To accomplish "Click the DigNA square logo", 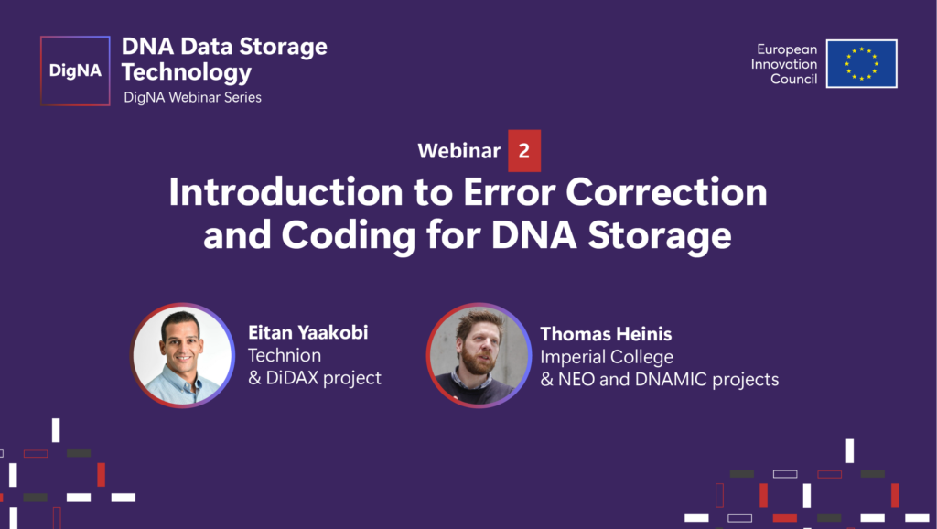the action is coord(75,70).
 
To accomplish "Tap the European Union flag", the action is coord(862,64).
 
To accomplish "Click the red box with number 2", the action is coord(524,151).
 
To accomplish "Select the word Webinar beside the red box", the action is coord(459,151).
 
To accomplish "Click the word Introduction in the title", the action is coord(285,192).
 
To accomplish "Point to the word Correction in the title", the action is coord(666,192).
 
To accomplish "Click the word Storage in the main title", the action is coord(660,236).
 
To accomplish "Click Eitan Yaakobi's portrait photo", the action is coord(182,355).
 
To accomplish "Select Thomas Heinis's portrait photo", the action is coord(479,355).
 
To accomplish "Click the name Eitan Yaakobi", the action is coord(308,332).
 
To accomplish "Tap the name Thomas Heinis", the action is coord(606,334).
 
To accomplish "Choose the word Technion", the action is coord(285,355).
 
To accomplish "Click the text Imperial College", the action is coord(607,357).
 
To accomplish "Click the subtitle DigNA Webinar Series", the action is coord(192,97).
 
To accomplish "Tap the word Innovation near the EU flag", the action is coord(784,64).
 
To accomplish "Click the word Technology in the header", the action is coord(187,72).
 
